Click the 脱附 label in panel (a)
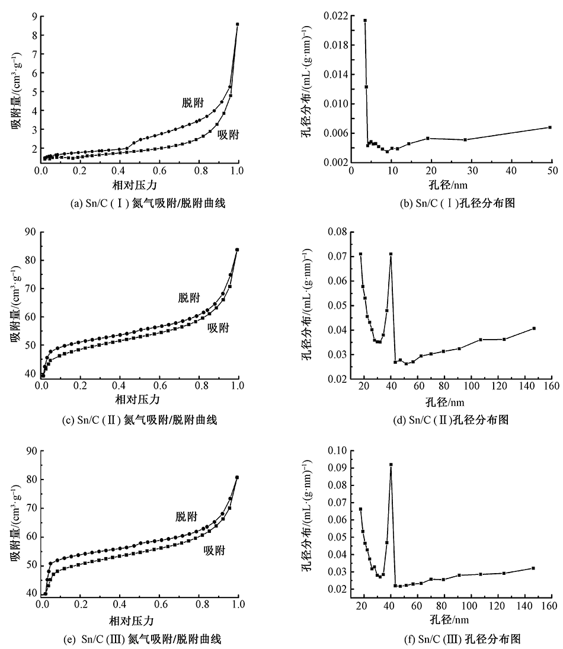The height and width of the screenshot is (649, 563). (192, 102)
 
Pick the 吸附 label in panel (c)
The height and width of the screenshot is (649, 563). (218, 328)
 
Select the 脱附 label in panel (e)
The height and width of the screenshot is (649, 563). (186, 516)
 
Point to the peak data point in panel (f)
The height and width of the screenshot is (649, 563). (391, 465)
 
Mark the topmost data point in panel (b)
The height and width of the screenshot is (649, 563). (365, 20)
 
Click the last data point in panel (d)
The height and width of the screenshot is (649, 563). (534, 328)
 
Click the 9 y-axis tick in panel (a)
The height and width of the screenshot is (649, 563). (34, 16)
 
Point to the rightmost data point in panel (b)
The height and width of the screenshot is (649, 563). (550, 127)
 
